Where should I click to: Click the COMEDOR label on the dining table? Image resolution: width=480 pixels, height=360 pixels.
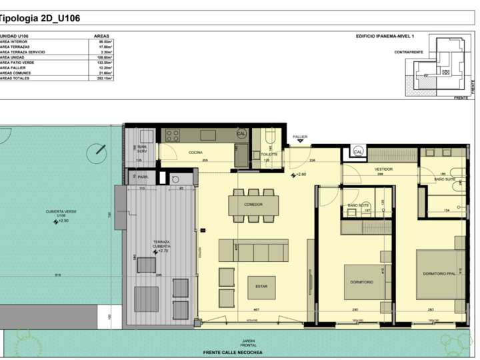(x=253, y=205)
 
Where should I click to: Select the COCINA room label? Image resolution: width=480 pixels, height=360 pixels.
(x=195, y=153)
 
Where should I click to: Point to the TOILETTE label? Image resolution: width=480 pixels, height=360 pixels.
(x=269, y=153)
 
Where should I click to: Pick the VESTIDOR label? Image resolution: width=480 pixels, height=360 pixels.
(x=383, y=169)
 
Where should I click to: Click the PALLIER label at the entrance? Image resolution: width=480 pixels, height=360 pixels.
(x=300, y=137)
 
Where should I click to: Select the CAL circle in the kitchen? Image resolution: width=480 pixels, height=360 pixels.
(x=241, y=133)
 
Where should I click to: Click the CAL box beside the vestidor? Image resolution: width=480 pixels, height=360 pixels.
(x=358, y=152)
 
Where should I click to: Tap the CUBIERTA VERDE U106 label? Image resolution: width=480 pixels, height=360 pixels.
(x=61, y=213)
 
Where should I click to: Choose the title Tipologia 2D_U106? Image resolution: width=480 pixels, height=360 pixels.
(x=40, y=19)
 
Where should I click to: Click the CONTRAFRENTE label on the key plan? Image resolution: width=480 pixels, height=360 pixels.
(x=407, y=51)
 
